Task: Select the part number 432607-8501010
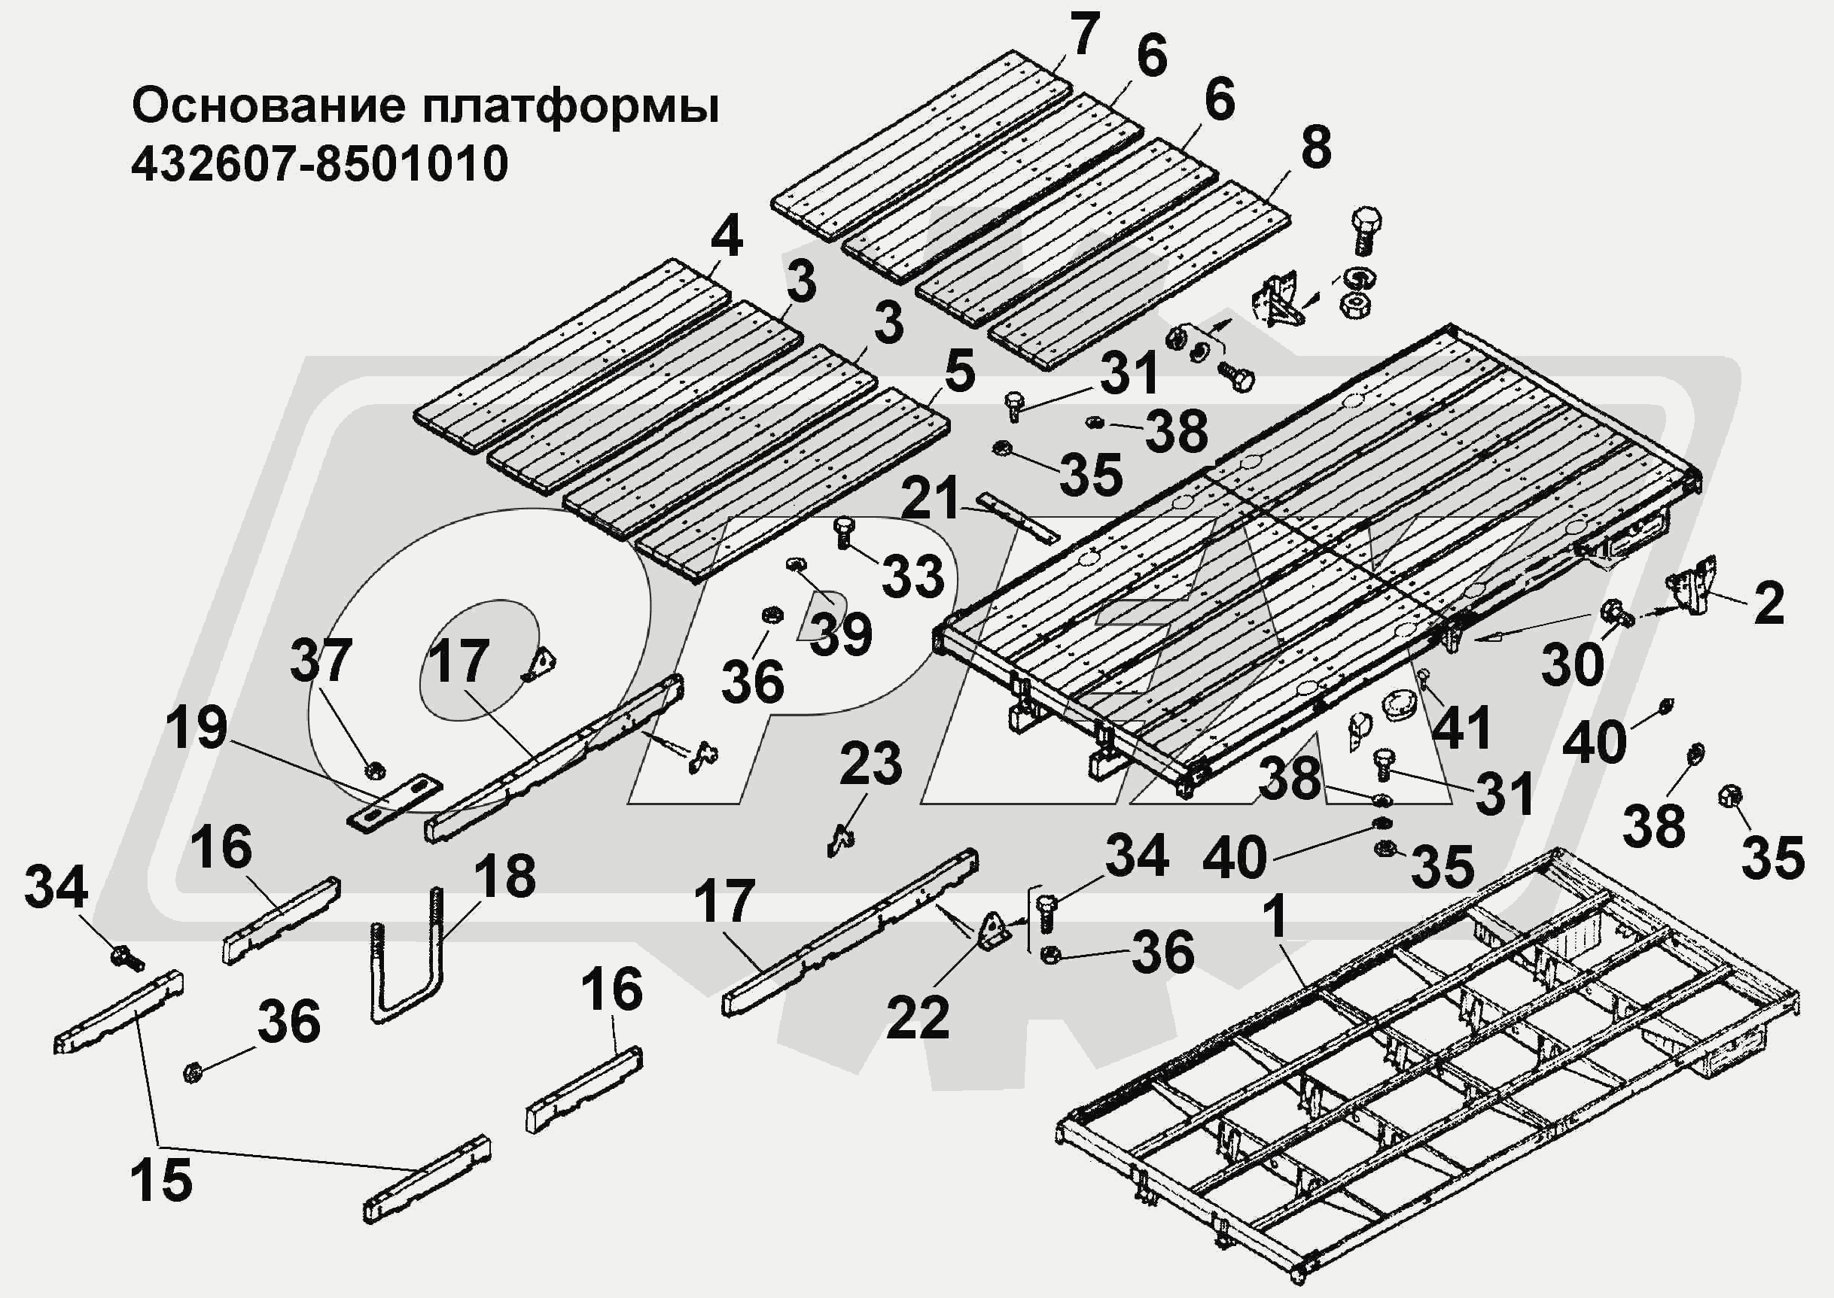click(x=320, y=165)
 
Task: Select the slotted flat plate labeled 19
click(x=395, y=801)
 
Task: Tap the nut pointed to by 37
click(x=373, y=771)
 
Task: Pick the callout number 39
click(x=841, y=635)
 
